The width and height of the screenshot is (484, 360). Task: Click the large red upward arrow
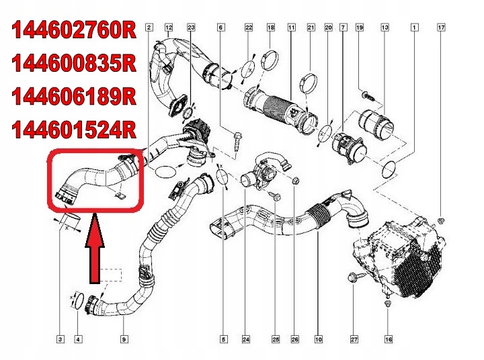click(x=95, y=249)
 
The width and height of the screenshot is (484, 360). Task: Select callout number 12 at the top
click(x=169, y=28)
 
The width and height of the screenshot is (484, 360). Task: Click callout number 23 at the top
click(x=191, y=28)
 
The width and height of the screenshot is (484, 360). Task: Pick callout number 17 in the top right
click(x=441, y=28)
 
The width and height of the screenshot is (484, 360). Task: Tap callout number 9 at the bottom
click(x=124, y=340)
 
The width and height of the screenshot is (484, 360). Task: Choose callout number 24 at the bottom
click(x=245, y=340)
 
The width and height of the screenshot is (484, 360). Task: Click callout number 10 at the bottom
click(x=318, y=340)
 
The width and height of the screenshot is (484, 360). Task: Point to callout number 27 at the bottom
click(x=354, y=340)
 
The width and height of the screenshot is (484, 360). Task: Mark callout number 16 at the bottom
click(x=388, y=340)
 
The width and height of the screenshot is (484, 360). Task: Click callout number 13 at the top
click(x=385, y=28)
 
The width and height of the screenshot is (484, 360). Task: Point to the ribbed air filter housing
click(x=410, y=255)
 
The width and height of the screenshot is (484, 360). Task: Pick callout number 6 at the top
click(x=220, y=28)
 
